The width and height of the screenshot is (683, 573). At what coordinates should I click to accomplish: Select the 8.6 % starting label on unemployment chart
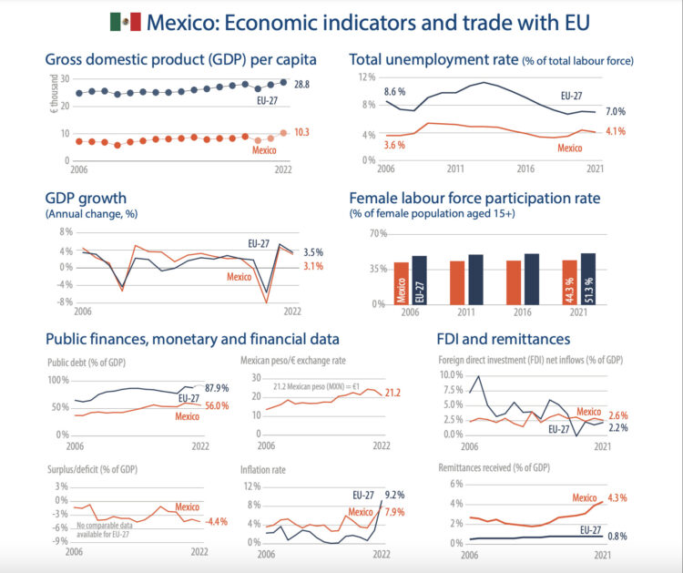click(394, 92)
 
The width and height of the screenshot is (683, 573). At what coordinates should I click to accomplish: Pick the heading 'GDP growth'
click(86, 198)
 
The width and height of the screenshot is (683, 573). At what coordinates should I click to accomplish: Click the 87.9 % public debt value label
click(216, 388)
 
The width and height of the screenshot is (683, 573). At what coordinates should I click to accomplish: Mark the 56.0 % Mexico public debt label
click(216, 406)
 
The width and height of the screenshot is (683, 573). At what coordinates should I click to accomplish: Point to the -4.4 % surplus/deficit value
click(216, 522)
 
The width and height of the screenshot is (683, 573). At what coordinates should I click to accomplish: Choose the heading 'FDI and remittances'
click(506, 339)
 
